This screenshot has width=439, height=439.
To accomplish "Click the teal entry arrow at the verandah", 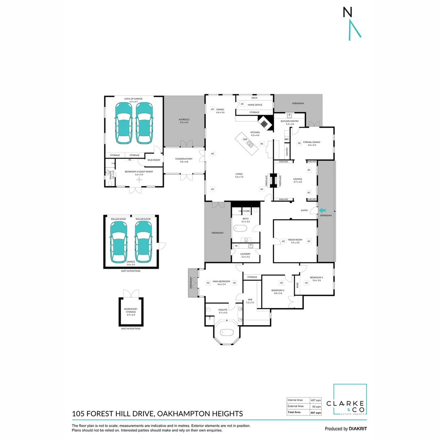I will (x=323, y=211).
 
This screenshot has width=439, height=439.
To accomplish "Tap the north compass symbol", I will (x=352, y=24).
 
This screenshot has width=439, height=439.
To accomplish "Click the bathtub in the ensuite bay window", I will (x=226, y=332).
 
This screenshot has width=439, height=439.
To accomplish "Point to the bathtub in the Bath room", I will (x=240, y=229).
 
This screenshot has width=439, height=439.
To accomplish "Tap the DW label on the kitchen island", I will (x=245, y=139).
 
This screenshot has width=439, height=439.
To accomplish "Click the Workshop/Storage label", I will (x=131, y=311).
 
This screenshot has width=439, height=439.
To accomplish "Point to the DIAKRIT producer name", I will (x=358, y=429).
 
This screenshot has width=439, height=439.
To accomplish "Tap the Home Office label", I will (x=255, y=105).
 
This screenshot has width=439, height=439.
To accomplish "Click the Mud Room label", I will (x=154, y=160).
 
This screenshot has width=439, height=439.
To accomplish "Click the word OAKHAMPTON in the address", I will (x=184, y=414).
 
